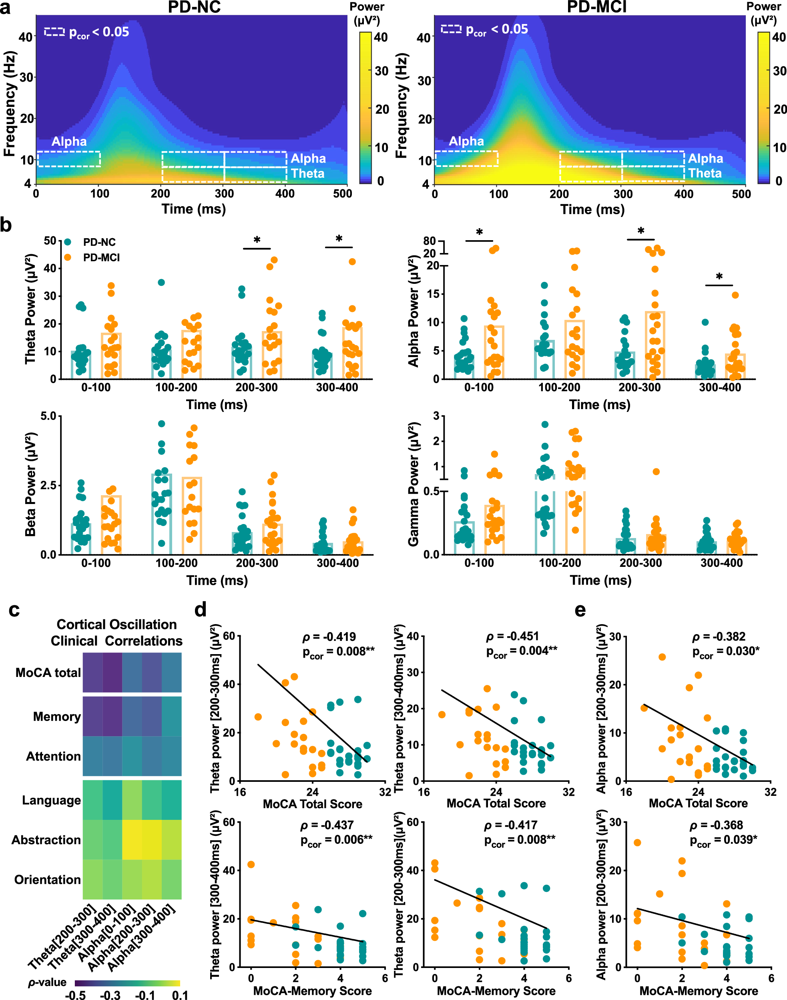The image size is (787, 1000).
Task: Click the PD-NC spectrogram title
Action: [194, 7]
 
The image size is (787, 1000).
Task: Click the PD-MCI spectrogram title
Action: [596, 7]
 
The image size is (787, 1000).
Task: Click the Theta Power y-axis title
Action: [30, 309]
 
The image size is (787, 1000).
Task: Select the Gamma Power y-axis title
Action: [413, 484]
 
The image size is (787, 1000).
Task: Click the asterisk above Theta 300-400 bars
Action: [339, 239]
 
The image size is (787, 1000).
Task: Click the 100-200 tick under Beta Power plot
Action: [177, 563]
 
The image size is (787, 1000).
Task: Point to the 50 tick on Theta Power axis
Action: [50, 241]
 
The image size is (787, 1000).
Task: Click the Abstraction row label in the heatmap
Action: [46, 840]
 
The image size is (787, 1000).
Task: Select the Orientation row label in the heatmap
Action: [48, 880]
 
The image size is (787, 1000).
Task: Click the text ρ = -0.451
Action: [512, 637]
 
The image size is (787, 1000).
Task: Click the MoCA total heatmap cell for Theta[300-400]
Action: [112, 673]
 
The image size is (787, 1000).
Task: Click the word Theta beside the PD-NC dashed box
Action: [307, 174]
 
